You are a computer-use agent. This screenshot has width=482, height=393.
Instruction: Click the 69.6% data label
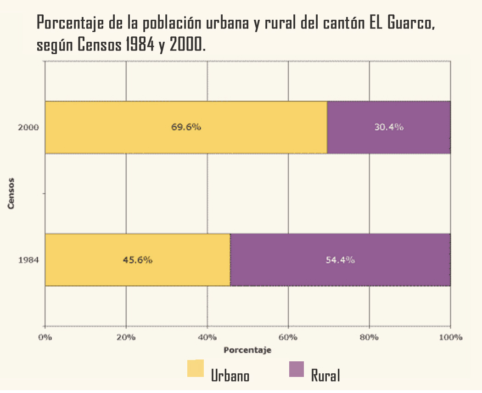coord(186,127)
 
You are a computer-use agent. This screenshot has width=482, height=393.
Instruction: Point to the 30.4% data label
coord(388,127)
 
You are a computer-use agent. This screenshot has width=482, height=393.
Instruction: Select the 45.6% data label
coord(137,260)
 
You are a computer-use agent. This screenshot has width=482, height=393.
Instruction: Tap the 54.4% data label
coord(340,260)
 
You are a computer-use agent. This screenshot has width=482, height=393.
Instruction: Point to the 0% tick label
coord(45,337)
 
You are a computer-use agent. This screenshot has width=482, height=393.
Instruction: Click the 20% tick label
coord(126,337)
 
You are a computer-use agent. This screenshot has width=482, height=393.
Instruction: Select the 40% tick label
coord(207,337)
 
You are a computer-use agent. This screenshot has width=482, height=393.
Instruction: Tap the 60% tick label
coord(288,337)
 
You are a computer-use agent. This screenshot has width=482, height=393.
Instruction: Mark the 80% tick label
coord(369,337)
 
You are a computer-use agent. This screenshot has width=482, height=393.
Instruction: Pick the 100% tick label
coord(450,337)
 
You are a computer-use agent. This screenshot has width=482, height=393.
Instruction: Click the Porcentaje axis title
coord(247,350)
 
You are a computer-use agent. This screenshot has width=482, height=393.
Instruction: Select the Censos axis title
coord(11,193)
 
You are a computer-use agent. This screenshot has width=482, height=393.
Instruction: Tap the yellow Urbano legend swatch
coord(196,369)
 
